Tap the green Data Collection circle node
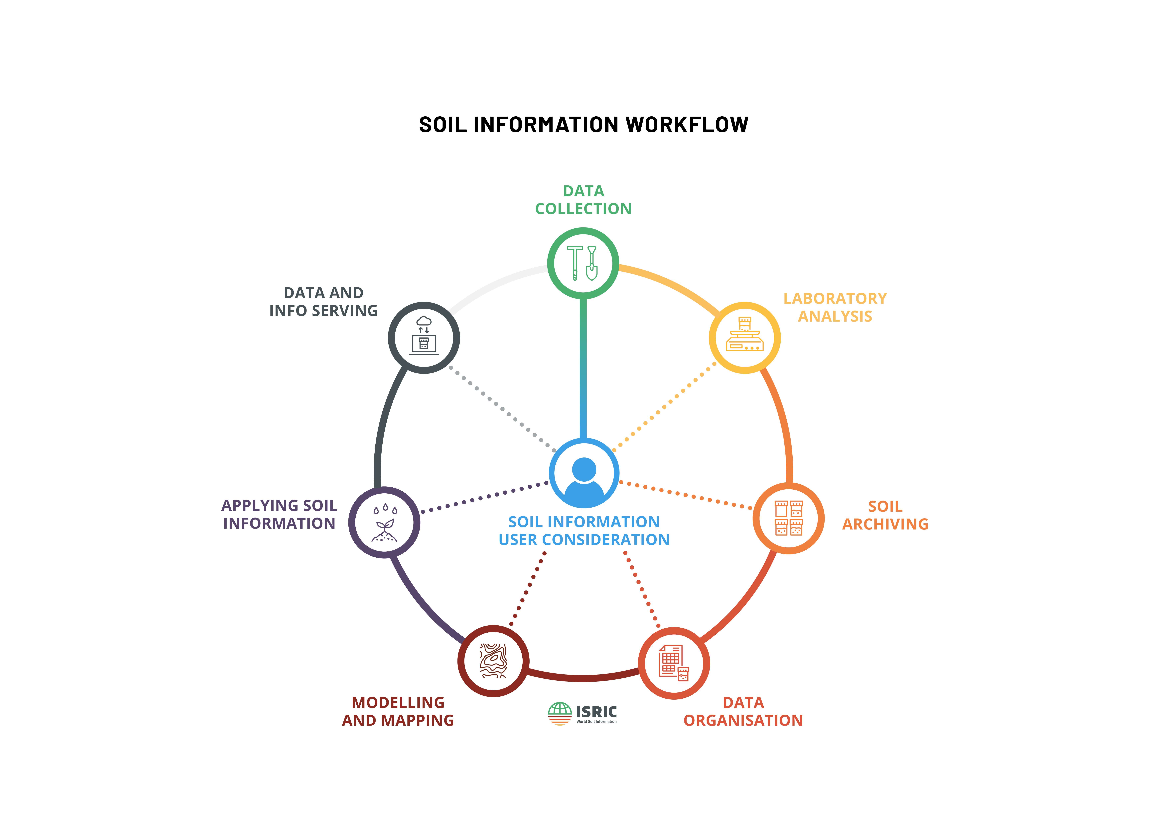click(x=583, y=263)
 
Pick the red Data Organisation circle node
click(x=674, y=663)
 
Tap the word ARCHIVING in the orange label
click(x=885, y=524)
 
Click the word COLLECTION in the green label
click(x=583, y=209)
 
